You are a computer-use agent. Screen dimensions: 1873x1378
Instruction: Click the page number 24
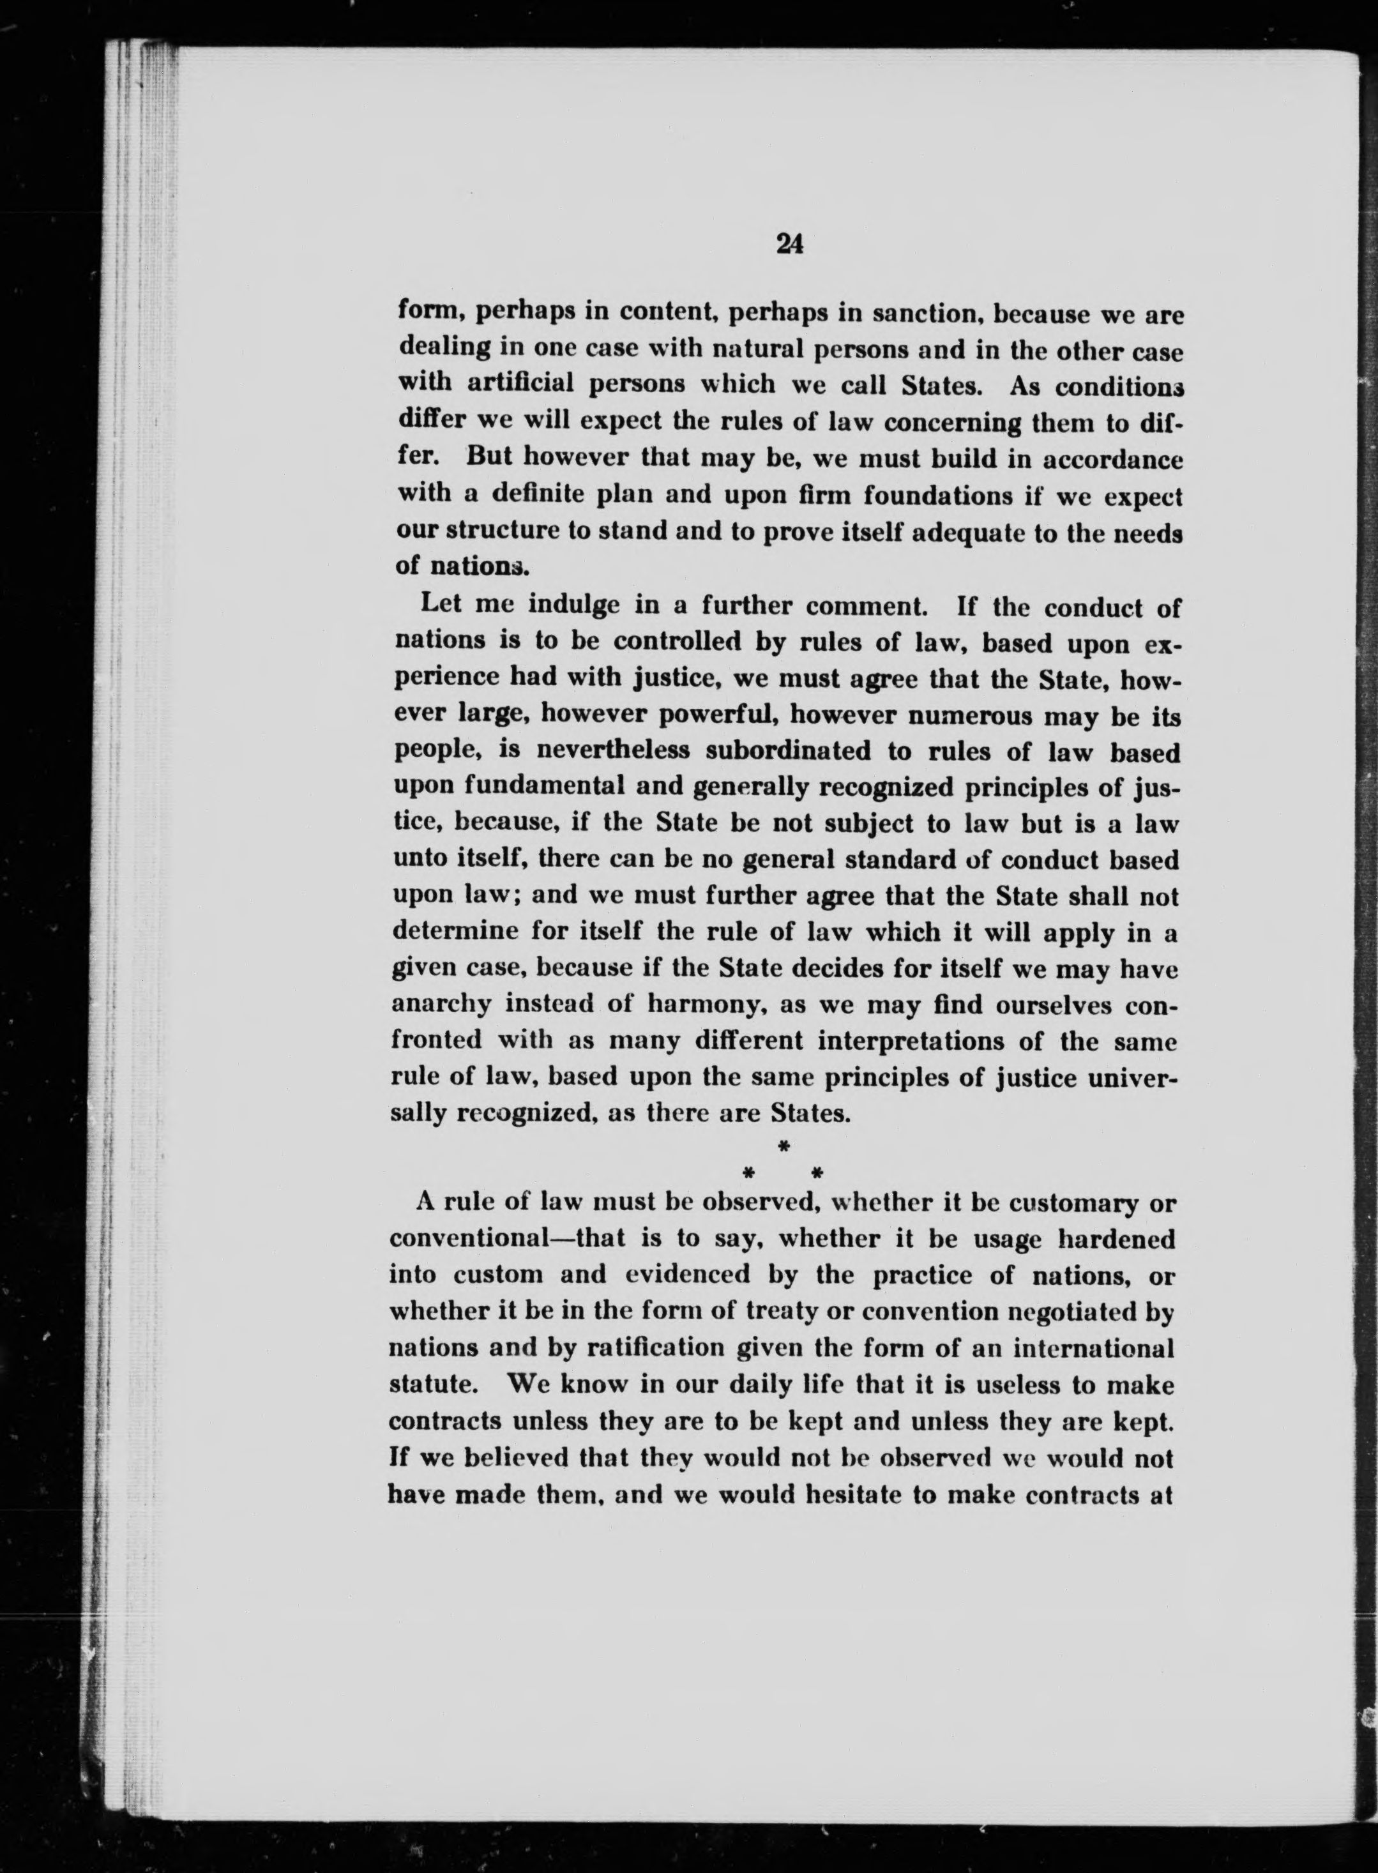788,243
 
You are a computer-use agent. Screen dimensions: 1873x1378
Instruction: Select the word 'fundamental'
543,787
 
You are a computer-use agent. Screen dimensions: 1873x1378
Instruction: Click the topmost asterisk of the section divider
784,1148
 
